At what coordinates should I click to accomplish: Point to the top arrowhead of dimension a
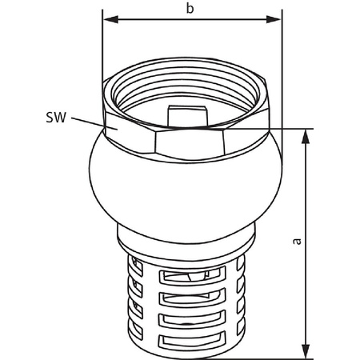coord(305,135)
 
